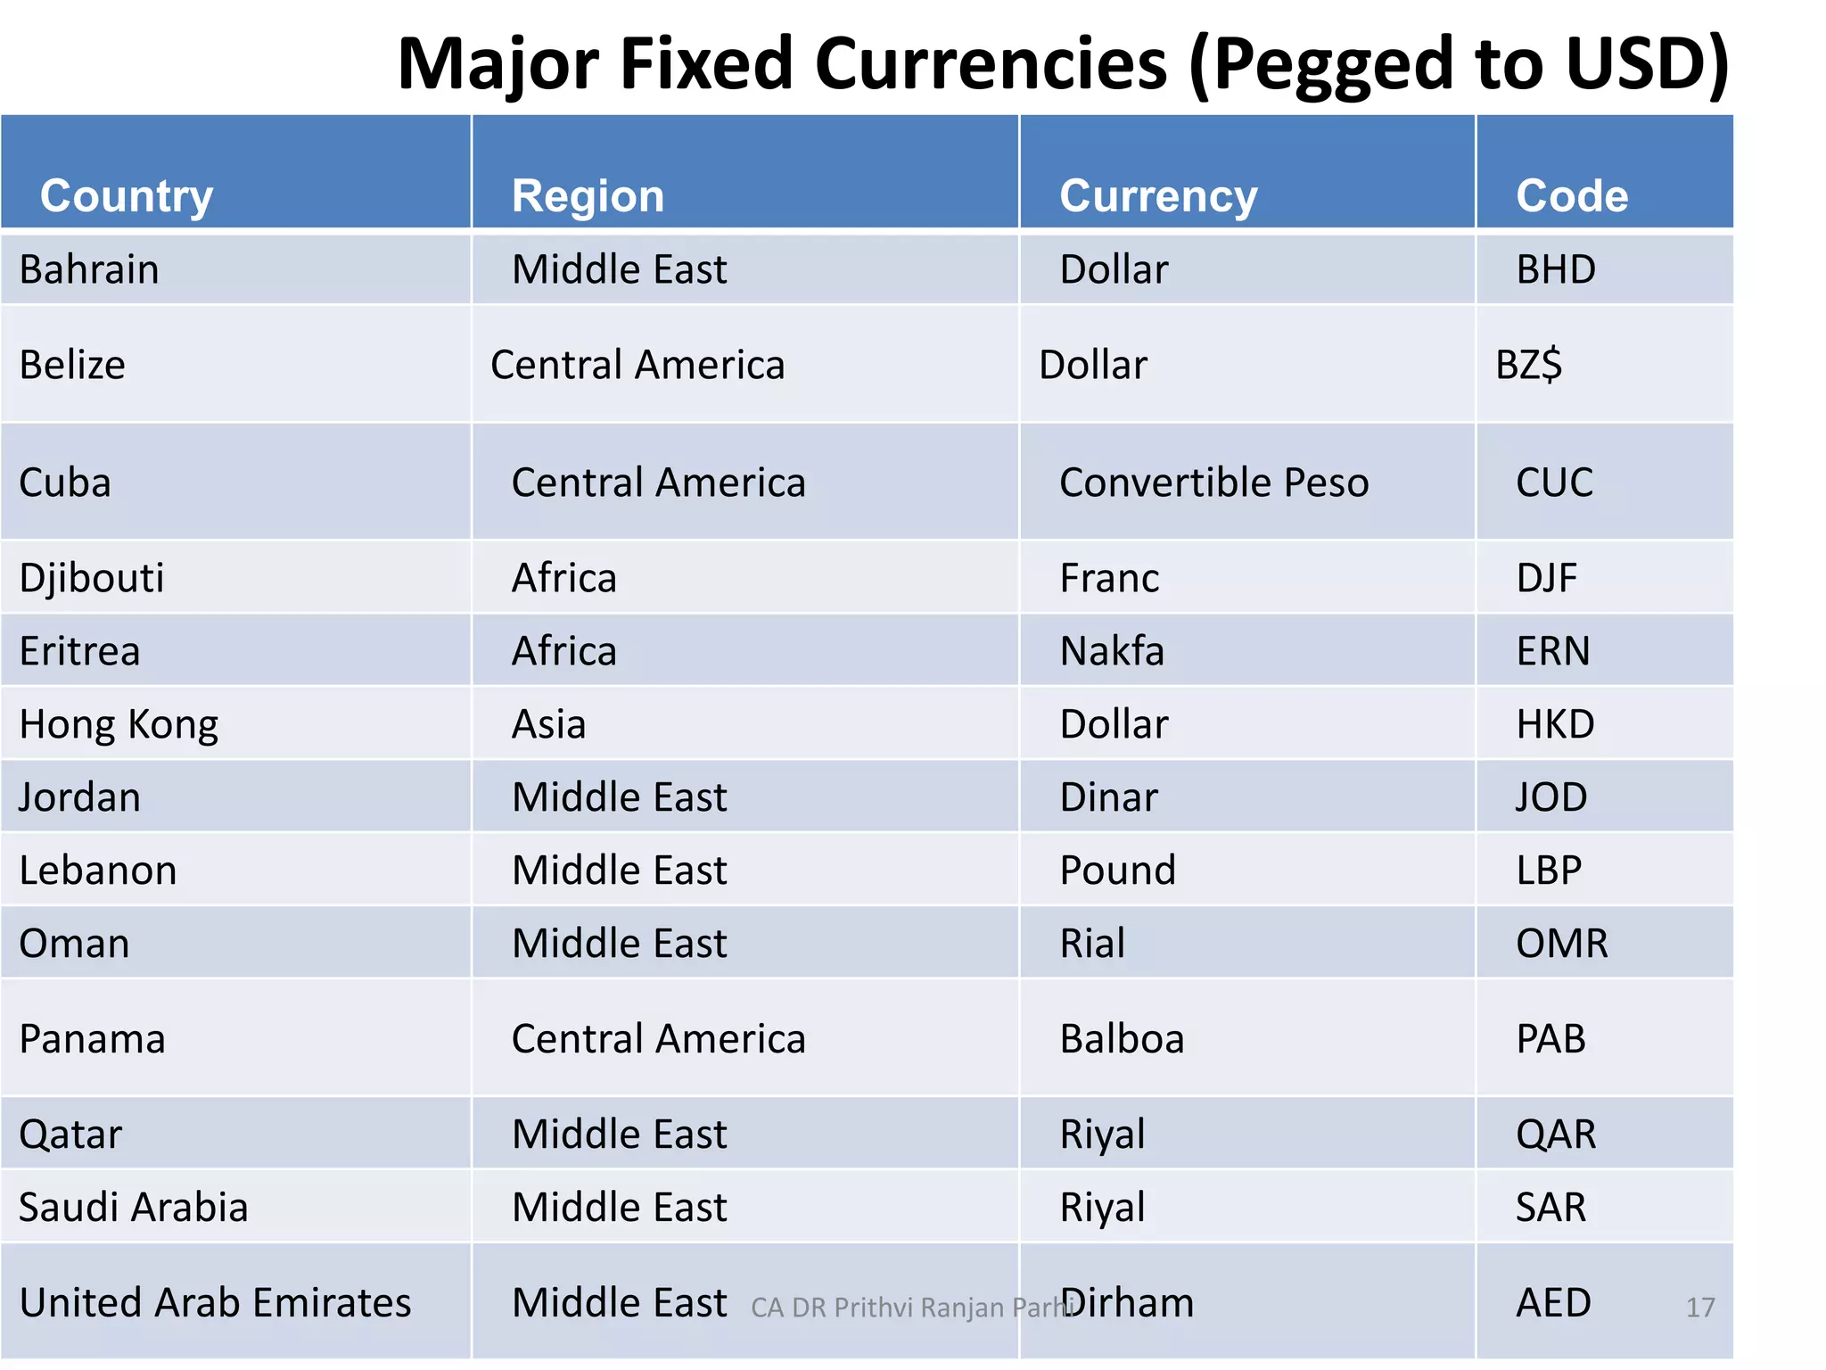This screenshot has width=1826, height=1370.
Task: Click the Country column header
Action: click(x=127, y=195)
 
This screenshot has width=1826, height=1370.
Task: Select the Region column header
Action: click(x=588, y=195)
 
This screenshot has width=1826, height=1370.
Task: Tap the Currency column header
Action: click(x=1157, y=195)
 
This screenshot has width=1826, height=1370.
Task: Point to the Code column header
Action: click(x=1572, y=195)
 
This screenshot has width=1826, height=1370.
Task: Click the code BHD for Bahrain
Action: click(x=1556, y=269)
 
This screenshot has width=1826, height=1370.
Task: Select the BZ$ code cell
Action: click(x=1528, y=365)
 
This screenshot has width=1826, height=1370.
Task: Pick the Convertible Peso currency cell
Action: click(x=1213, y=483)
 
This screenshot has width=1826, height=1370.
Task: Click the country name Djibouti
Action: click(x=92, y=578)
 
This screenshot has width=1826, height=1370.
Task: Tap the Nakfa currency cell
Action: click(x=1112, y=651)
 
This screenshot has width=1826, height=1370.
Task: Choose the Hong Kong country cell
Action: click(x=119, y=724)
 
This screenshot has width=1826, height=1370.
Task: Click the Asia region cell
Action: click(x=548, y=724)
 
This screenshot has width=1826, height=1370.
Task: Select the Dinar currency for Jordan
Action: click(x=1108, y=797)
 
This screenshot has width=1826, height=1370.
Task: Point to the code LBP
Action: click(x=1549, y=871)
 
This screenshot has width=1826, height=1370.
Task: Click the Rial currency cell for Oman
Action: click(x=1092, y=944)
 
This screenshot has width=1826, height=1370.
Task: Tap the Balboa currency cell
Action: click(x=1122, y=1039)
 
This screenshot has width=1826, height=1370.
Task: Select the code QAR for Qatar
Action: click(x=1556, y=1135)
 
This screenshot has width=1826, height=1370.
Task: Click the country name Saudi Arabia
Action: click(x=134, y=1208)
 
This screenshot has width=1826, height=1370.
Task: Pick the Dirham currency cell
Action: click(x=1128, y=1303)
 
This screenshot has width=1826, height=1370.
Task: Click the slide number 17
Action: click(x=1700, y=1308)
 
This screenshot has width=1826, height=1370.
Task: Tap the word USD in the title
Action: click(x=1634, y=64)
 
